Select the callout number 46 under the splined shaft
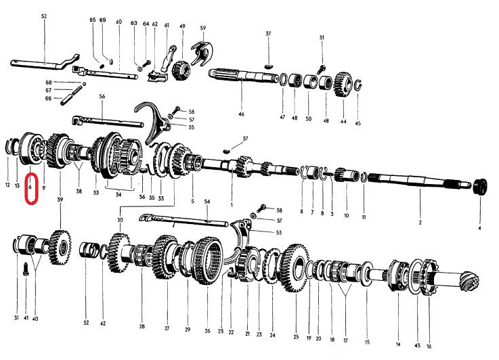click(x=240, y=114)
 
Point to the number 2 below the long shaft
click(x=419, y=223)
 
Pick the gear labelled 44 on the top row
click(x=343, y=87)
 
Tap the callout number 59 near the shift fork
click(x=202, y=28)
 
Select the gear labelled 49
click(x=181, y=69)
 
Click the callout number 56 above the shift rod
click(x=102, y=97)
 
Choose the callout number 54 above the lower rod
click(x=207, y=202)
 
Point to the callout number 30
click(x=121, y=220)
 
